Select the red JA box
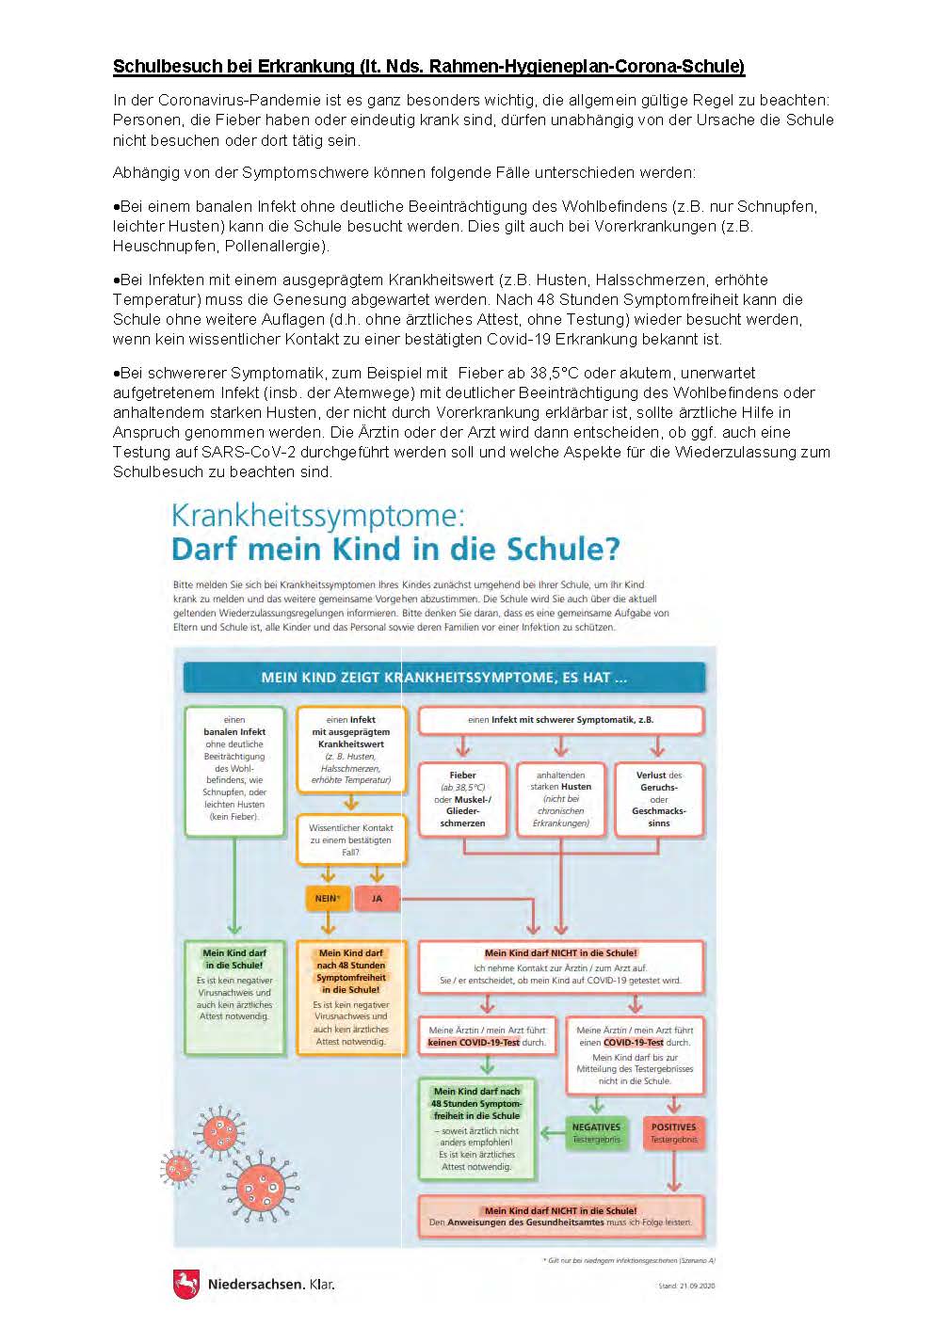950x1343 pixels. pos(377,898)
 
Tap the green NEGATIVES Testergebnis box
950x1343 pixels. pos(596,1132)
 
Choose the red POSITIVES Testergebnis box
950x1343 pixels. pos(673,1132)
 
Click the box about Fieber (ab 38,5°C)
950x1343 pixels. pos(462,799)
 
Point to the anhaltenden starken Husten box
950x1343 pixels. pos(561,799)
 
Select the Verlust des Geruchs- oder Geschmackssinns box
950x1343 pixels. pos(658,799)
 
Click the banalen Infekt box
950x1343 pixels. pos(234,771)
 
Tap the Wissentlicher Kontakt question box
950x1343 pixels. pos(350,839)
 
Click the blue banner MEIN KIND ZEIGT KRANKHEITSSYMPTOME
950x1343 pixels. pos(443,677)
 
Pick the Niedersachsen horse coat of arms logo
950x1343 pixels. pos(186,1284)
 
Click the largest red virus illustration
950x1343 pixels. pos(266,1187)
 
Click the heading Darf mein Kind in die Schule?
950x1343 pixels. pos(395,549)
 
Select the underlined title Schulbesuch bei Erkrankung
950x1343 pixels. pos(428,66)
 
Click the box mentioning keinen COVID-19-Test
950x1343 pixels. pos(487,1036)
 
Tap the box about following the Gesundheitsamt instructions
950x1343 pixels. pos(560,1217)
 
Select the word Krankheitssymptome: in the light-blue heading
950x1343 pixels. pos(317,516)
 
